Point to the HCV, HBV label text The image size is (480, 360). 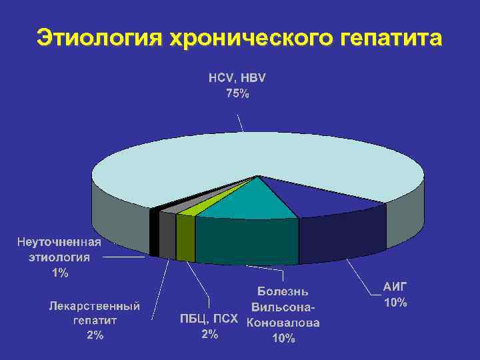pos(237,78)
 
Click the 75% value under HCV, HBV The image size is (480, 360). pos(237,94)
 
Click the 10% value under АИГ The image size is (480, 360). pos(395,303)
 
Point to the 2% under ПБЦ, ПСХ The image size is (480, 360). pos(209,335)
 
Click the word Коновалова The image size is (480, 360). pos(283,323)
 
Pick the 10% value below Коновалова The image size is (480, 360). pos(283,339)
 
